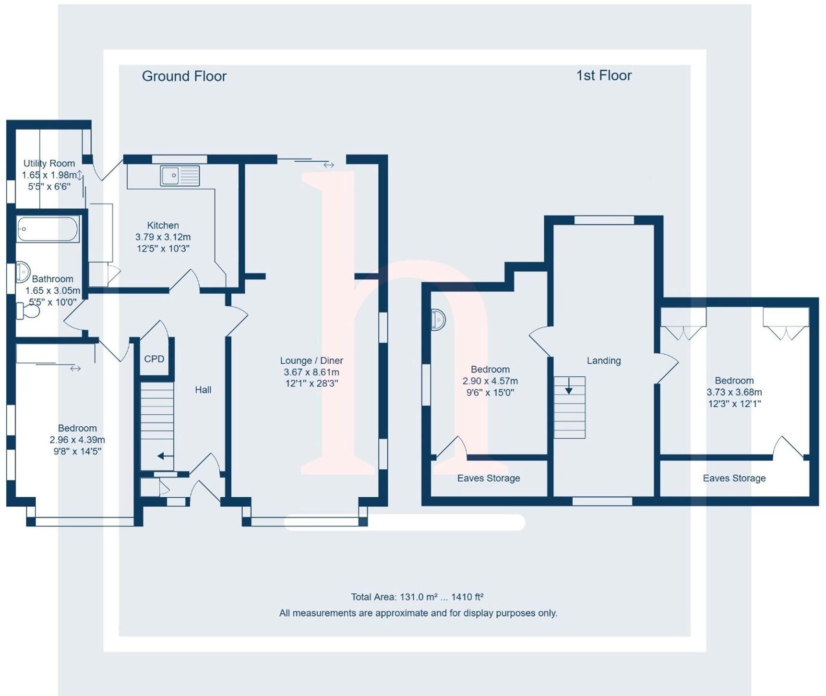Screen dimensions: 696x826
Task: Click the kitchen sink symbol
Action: tap(180, 176)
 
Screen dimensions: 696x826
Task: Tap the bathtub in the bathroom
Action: tap(48, 229)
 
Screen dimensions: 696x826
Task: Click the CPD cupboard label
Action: tap(154, 359)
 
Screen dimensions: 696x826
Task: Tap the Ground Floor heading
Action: tap(184, 76)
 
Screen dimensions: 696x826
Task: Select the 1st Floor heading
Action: tap(604, 75)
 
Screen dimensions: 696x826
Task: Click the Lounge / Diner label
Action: tap(311, 360)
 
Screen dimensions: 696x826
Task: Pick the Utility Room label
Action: tap(49, 163)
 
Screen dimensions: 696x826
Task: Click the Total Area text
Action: tap(417, 597)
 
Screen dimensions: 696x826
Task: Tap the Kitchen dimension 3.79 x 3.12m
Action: tap(163, 237)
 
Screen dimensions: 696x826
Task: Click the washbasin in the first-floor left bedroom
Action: tap(438, 320)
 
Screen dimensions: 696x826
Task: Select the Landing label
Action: tap(604, 360)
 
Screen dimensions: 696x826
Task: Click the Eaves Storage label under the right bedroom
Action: tap(734, 478)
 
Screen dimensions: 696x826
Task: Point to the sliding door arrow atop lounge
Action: tap(329, 165)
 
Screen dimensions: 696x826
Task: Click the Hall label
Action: tap(203, 390)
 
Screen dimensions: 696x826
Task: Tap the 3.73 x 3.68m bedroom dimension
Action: tap(734, 392)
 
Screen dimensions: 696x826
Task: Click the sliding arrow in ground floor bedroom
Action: tap(75, 369)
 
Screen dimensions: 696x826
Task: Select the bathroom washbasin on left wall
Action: tap(22, 272)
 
